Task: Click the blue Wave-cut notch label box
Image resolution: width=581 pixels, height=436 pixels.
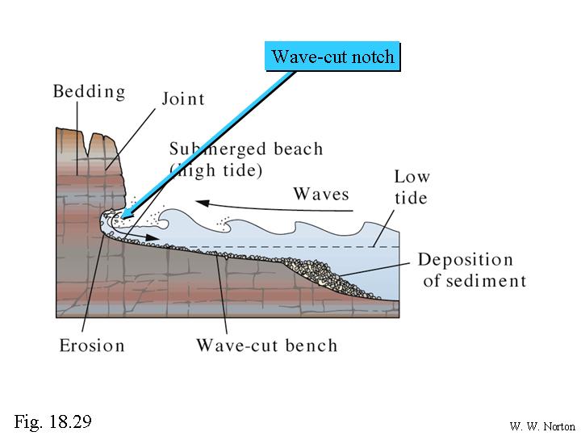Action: click(333, 57)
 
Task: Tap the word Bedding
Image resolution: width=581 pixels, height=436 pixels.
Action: click(89, 90)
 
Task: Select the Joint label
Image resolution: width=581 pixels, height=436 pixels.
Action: click(183, 99)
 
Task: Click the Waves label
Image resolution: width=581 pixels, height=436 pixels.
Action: click(321, 194)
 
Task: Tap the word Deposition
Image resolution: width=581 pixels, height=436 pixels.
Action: click(465, 260)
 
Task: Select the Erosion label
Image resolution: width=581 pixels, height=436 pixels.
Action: click(92, 346)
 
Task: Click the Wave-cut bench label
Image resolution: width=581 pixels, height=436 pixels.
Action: click(266, 346)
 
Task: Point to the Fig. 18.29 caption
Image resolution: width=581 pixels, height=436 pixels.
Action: click(52, 421)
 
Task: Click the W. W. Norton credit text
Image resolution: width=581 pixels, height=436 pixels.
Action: click(541, 426)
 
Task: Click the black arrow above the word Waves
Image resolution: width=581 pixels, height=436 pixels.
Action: click(274, 204)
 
